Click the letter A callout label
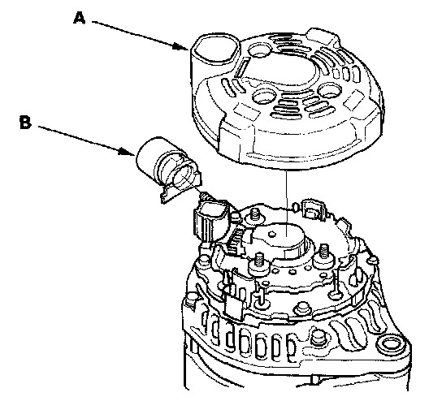tap(79, 18)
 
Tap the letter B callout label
tap(26, 123)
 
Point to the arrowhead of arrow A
tap(180, 47)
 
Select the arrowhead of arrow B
tap(126, 152)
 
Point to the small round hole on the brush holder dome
tap(271, 234)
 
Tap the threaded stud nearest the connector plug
tap(256, 214)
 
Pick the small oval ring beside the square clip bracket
tap(295, 207)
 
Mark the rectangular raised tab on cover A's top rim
tap(323, 35)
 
